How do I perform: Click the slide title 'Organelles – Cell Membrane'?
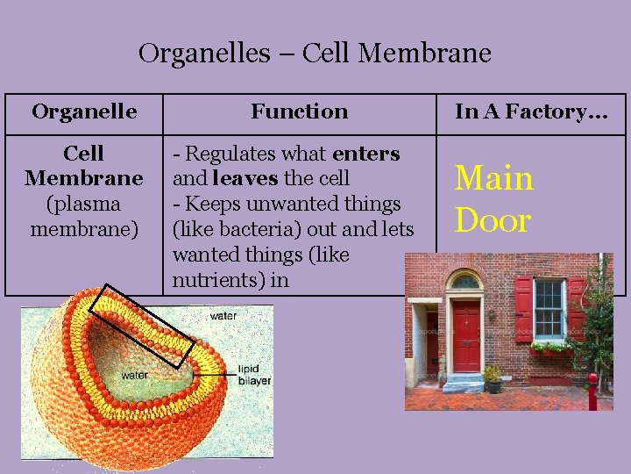(x=315, y=54)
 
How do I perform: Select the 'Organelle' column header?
(x=84, y=111)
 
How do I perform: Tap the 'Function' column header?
(x=299, y=111)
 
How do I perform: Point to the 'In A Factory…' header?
(x=531, y=111)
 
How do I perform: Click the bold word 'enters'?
(x=366, y=154)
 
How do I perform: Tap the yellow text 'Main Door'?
(x=493, y=199)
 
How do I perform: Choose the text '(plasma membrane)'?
(x=84, y=217)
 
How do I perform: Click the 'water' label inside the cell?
(x=135, y=375)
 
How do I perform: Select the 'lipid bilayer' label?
(x=254, y=376)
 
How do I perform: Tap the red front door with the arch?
(x=466, y=337)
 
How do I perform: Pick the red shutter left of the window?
(x=523, y=308)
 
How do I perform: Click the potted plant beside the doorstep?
(x=493, y=379)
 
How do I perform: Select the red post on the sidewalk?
(x=592, y=391)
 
